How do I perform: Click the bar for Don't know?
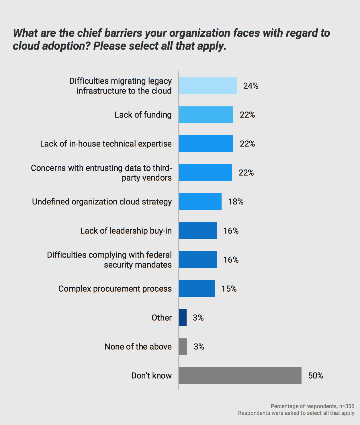coord(240,376)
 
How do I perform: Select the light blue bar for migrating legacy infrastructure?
coord(208,86)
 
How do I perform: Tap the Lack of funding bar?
coord(206,115)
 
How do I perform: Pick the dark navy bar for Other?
coord(183,317)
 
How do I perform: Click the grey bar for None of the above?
coord(183,347)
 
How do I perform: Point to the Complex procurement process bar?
coord(197,288)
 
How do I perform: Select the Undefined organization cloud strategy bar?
coord(200,202)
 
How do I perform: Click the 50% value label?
coord(316,376)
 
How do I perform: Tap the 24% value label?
coord(251,86)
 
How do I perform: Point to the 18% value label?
coord(236,202)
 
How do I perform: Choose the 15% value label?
coord(229,288)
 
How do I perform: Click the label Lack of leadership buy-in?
coord(126,231)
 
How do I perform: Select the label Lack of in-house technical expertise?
coord(106,144)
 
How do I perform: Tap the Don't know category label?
coord(151,376)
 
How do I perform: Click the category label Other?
coord(162,318)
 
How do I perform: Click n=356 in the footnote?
coord(347,406)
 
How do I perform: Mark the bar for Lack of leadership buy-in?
coord(198,231)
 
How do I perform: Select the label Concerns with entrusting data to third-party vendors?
coord(101,173)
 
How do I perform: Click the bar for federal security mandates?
coord(198,260)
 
